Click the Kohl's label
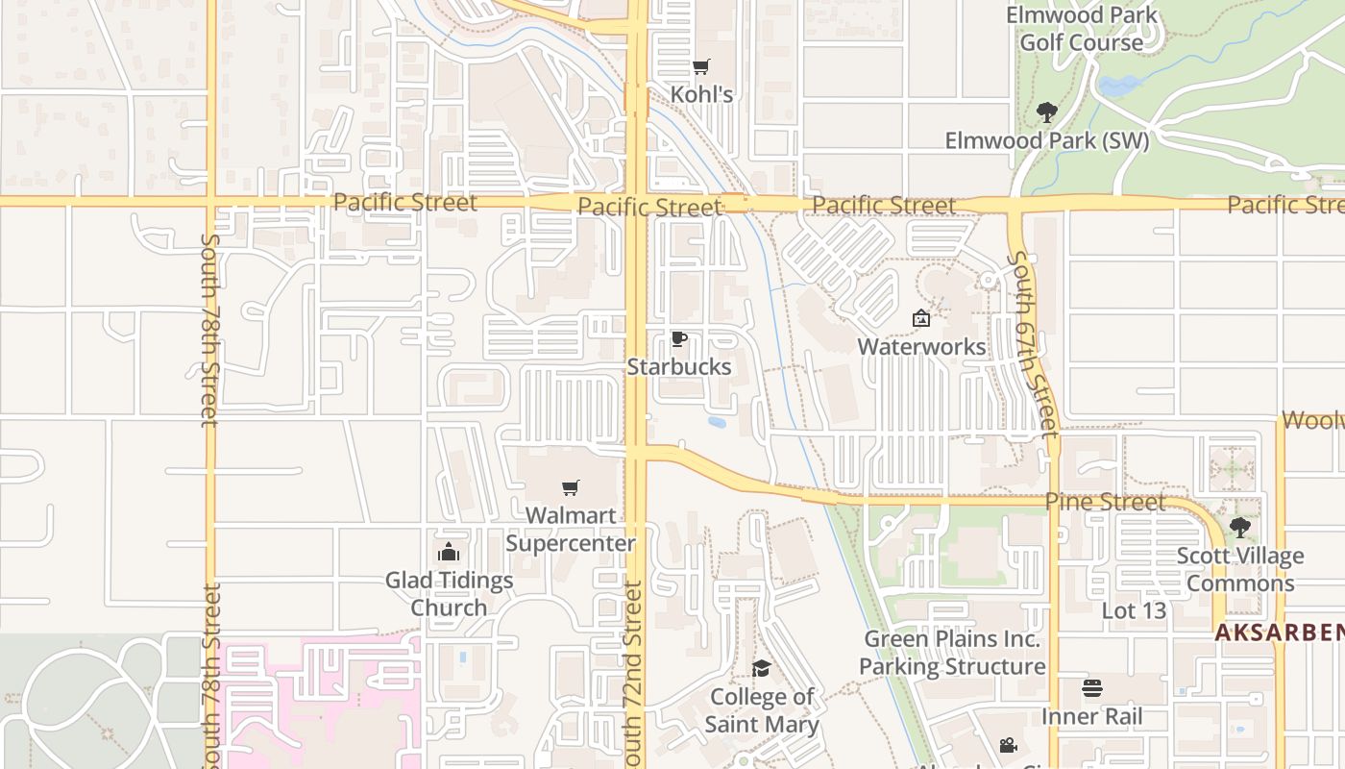701,94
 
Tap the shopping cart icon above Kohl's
701,66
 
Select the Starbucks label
679,366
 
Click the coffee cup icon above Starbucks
678,339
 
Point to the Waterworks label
921,346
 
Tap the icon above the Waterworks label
921,317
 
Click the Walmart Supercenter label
571,529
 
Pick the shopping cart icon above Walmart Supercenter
571,488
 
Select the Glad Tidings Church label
449,594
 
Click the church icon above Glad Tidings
448,552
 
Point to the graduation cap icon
761,669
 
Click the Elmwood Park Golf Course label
1082,29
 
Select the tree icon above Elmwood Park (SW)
1047,112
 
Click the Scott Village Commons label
1240,569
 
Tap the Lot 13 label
1134,610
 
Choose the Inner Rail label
1092,716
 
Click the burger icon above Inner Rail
1092,688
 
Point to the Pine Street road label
1105,502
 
